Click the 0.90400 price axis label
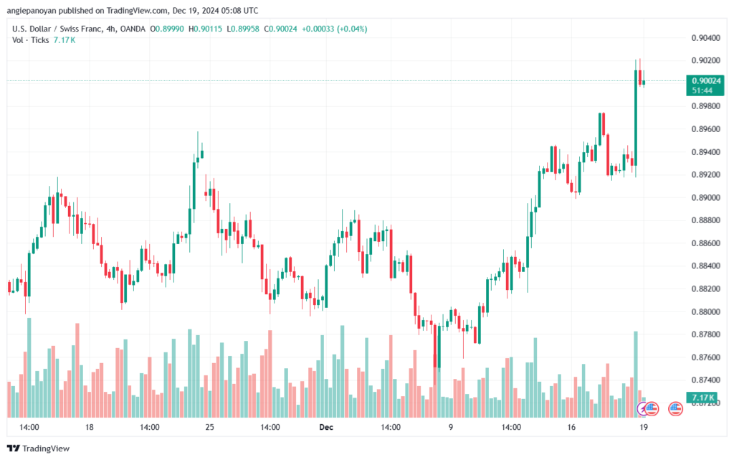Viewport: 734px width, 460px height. tap(705, 38)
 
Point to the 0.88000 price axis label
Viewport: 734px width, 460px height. tap(705, 312)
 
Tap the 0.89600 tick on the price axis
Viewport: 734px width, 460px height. tap(705, 129)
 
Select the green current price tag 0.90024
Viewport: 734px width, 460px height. tap(705, 85)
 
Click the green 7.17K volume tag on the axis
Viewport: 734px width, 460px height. tap(703, 398)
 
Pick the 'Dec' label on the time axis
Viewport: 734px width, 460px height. tap(326, 427)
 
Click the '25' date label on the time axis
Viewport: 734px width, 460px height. tap(210, 427)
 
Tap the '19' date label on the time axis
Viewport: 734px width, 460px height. tap(644, 427)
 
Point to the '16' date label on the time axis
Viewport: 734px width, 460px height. tap(571, 427)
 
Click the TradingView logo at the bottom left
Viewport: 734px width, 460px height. tap(39, 449)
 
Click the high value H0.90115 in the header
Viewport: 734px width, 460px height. tap(206, 29)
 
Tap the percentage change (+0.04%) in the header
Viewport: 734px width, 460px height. tap(351, 29)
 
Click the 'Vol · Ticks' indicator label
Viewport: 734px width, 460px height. tap(30, 40)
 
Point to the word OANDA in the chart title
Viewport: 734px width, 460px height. tap(133, 29)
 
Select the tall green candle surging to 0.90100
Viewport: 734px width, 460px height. tap(636, 118)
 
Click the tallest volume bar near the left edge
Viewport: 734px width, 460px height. tap(29, 367)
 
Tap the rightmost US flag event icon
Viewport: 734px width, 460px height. tap(675, 409)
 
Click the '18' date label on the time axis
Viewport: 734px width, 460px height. tap(90, 427)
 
